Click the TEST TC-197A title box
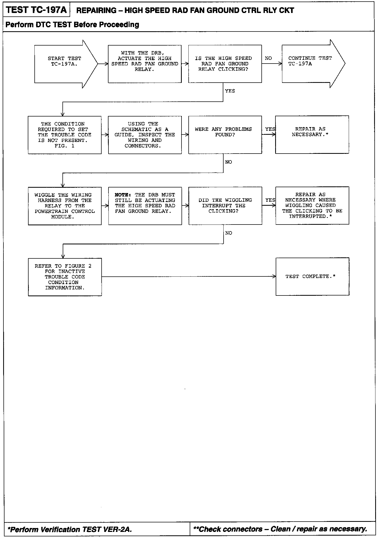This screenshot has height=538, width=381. pos(37,10)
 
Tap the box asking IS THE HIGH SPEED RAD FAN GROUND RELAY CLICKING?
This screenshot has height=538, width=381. pos(225,64)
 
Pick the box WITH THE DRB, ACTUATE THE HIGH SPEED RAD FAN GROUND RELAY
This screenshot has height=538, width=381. pos(145,64)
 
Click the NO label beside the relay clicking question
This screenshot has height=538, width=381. pos(268,58)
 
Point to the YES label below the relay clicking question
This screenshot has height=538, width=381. pos(230,91)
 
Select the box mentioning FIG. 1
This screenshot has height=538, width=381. pos(65,135)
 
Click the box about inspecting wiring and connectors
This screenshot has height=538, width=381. pos(145,135)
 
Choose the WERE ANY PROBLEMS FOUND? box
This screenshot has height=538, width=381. pos(225,135)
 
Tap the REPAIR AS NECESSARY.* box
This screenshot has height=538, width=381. pos(312,134)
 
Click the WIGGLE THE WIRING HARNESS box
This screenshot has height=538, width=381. pos(65,206)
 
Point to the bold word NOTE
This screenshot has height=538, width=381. pos(123,195)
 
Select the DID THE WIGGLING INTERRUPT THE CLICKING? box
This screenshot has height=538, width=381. pos(225,206)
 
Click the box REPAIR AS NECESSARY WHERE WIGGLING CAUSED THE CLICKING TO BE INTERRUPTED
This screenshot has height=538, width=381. pos(312,205)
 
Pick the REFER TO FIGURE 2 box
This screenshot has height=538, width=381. pos(65,277)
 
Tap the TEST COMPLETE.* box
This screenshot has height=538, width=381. pos(312,276)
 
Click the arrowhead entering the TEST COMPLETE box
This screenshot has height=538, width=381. pos(274,276)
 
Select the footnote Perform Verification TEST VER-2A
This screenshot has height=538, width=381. pos(70,529)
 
